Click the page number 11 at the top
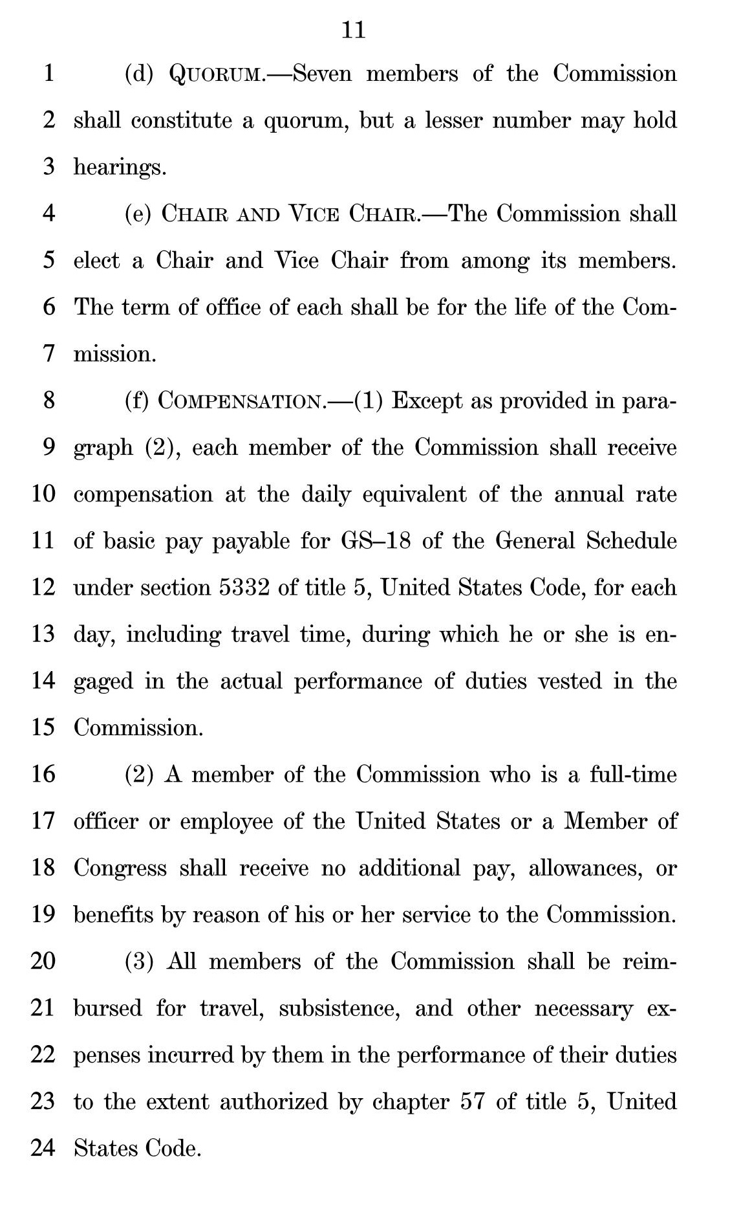point(353,30)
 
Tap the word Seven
point(322,74)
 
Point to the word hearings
point(120,168)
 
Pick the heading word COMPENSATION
point(239,401)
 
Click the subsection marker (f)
point(137,401)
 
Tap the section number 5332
point(244,588)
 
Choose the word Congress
point(120,868)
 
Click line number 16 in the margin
point(43,775)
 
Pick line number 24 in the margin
point(43,1149)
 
